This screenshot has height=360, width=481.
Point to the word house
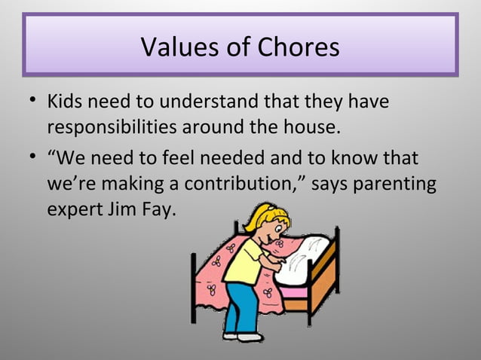point(311,126)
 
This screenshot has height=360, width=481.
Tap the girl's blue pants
point(240,305)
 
